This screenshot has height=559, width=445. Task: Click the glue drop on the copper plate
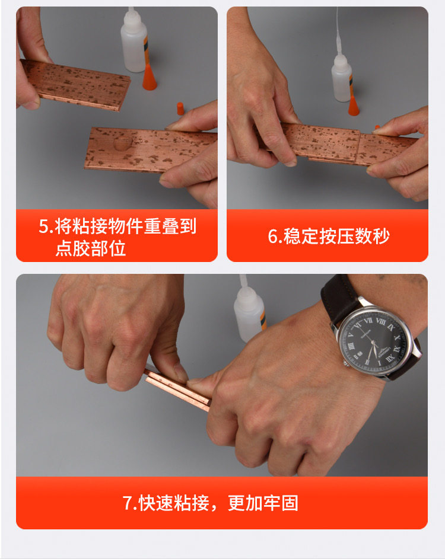pos(122,143)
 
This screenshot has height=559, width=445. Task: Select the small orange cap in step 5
pos(180,108)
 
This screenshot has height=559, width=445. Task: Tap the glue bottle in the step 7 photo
pos(249,309)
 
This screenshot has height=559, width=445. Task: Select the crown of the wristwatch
pos(346,363)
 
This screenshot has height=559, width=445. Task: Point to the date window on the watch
pos(360,354)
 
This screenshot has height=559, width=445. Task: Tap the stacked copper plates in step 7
pos(177,391)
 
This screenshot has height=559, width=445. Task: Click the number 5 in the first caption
pos(43,226)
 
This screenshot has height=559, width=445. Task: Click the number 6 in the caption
pos(274,236)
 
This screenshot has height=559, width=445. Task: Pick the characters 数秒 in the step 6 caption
pos(372,236)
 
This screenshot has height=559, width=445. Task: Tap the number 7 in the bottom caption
pos(128,503)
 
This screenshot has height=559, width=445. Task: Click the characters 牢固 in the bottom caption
pos(281,503)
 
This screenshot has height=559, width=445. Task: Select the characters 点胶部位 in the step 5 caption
pos(91,248)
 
